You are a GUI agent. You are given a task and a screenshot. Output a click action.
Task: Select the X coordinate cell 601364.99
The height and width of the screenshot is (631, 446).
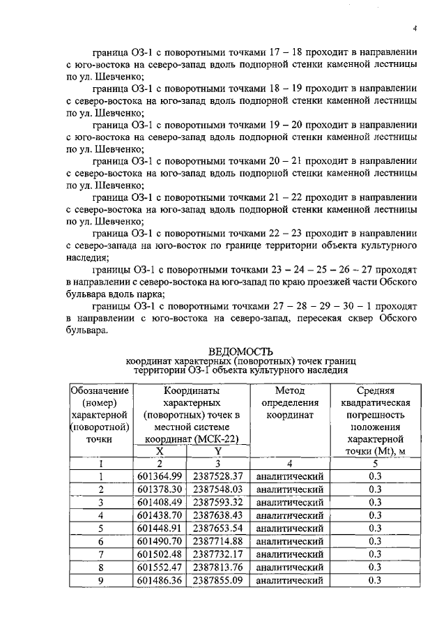(x=160, y=476)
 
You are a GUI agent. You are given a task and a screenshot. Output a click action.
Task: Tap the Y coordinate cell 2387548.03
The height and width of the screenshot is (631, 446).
(x=217, y=489)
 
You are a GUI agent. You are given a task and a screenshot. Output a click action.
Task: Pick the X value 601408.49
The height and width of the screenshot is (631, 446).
(x=160, y=502)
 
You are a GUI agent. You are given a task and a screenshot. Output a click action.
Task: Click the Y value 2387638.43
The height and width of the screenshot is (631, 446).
(x=217, y=515)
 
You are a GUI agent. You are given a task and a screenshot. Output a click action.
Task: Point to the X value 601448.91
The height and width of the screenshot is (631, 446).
(x=160, y=528)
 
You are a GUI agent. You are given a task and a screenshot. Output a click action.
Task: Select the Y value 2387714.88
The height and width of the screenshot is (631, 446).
(x=217, y=541)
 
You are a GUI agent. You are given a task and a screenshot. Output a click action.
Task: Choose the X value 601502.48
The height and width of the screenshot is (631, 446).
(x=160, y=554)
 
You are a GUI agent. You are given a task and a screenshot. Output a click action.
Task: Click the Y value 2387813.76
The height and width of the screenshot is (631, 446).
(x=217, y=567)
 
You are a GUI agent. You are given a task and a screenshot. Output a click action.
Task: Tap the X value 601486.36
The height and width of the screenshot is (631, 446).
(x=160, y=580)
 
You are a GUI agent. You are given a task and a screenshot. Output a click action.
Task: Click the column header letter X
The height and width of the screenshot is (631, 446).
(x=160, y=452)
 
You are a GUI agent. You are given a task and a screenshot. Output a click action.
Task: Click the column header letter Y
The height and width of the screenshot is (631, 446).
(x=217, y=452)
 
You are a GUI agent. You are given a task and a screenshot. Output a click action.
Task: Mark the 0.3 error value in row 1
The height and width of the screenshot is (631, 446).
(x=374, y=476)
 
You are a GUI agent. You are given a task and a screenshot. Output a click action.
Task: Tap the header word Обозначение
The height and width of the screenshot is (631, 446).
(x=100, y=391)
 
